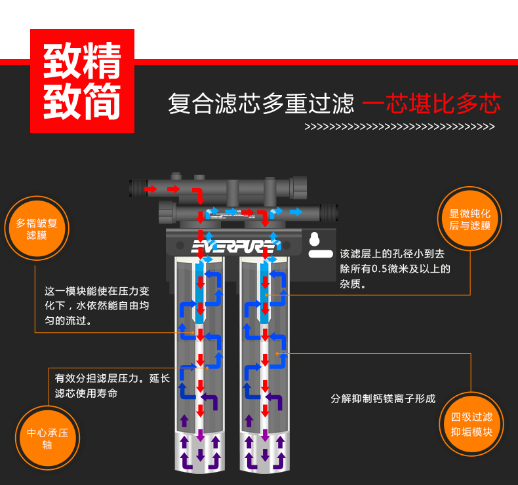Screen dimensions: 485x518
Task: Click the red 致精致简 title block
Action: coord(83,81)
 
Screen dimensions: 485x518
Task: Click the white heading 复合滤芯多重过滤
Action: coord(261,104)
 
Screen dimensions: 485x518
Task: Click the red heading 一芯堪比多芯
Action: coord(431,104)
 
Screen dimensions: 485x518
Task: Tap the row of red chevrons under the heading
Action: coord(399,126)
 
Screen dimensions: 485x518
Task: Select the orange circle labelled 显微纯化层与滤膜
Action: coord(469,219)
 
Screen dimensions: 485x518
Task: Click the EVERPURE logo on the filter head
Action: coord(232,247)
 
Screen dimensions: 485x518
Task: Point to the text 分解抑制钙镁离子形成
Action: coord(383,398)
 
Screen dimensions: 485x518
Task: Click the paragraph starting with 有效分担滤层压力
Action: coord(112,385)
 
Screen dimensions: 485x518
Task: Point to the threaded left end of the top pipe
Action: coord(137,188)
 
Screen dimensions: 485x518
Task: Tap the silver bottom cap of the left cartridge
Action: coord(201,452)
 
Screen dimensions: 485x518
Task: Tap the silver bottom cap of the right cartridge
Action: coord(265,452)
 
